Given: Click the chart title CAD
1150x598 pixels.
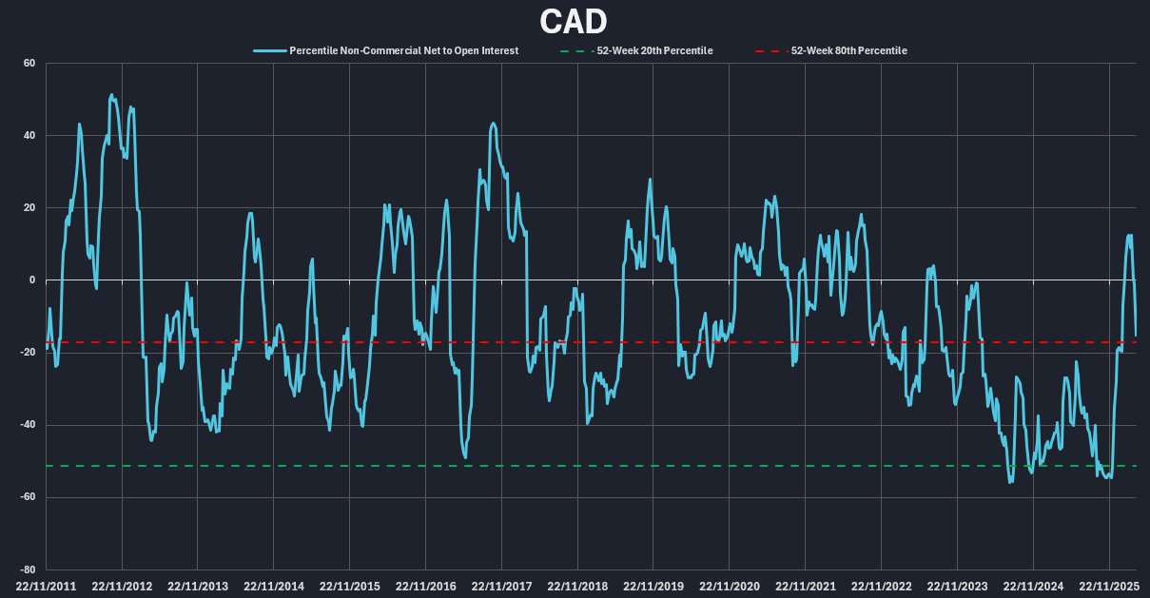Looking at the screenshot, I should pos(574,20).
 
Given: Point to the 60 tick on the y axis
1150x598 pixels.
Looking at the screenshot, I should pos(29,64).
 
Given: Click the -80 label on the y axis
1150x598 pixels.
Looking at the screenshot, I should pos(27,569).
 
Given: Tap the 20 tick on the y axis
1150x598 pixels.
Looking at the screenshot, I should pos(29,208).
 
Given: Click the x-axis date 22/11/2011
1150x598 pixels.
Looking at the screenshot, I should pos(46,587).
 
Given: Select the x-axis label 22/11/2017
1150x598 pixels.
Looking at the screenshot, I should pos(501,587).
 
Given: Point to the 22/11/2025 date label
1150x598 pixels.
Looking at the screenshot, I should pos(1109,587).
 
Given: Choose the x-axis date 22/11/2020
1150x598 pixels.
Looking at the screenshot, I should pos(730,587).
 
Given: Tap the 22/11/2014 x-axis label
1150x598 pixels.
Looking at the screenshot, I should pos(274,587).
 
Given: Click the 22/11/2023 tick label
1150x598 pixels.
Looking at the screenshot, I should pos(958,587).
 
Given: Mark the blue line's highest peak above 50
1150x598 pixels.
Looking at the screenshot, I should pos(111,95).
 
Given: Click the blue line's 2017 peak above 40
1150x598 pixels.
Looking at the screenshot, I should pos(493,124).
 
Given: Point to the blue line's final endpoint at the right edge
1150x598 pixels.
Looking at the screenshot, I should pos(1136,335).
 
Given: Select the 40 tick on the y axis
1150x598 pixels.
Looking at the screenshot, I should pos(29,136).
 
